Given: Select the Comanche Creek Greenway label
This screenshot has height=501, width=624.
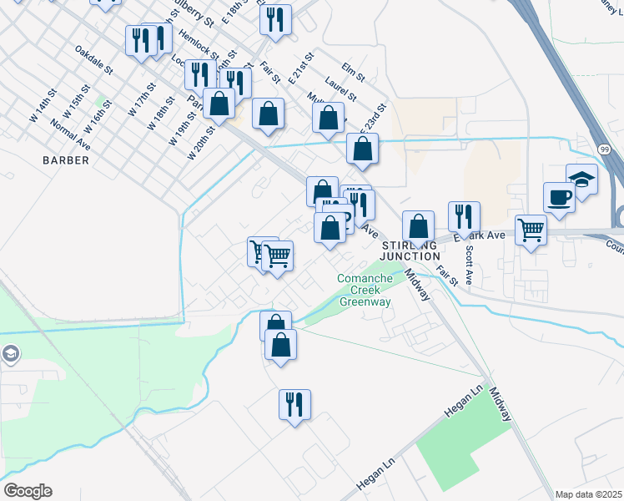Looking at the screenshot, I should (364, 290).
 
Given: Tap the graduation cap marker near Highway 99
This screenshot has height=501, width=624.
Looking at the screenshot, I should (581, 179).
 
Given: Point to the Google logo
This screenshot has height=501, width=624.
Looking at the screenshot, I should (27, 491).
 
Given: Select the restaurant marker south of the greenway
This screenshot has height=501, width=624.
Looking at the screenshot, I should (294, 405).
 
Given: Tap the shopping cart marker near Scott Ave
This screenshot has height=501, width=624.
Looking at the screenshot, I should (531, 229).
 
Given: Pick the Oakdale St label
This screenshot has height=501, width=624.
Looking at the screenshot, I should (93, 61).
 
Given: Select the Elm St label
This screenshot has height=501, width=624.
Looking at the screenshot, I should (354, 73).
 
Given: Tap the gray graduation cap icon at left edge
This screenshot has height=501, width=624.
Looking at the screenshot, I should (9, 352).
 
